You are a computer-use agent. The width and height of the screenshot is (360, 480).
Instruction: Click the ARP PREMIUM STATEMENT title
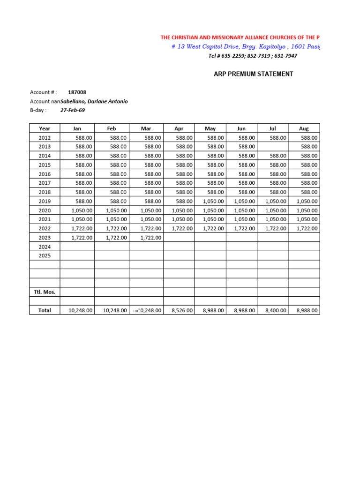[x=254, y=74]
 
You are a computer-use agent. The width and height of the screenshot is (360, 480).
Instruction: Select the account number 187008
[x=77, y=92]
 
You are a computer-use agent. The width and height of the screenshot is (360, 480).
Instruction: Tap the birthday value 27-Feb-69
[x=73, y=110]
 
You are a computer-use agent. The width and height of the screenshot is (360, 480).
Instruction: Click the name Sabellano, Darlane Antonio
[x=94, y=101]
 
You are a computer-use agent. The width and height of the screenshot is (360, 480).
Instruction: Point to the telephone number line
[x=253, y=56]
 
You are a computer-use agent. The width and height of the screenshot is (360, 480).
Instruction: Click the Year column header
[x=45, y=128]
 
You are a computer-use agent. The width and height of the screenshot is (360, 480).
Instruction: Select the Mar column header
[x=146, y=128]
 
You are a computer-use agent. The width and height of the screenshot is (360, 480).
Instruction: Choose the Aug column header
[x=304, y=128]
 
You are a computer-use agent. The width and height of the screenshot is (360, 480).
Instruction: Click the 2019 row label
[x=45, y=202]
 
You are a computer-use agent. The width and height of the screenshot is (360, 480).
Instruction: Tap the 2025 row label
[x=45, y=256]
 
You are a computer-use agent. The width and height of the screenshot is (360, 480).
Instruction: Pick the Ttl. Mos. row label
[x=45, y=292]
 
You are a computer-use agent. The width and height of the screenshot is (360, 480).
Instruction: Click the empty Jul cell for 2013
[x=273, y=147]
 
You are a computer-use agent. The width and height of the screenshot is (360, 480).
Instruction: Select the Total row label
[x=45, y=310]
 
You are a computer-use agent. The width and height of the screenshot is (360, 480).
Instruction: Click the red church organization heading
[x=240, y=37]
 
